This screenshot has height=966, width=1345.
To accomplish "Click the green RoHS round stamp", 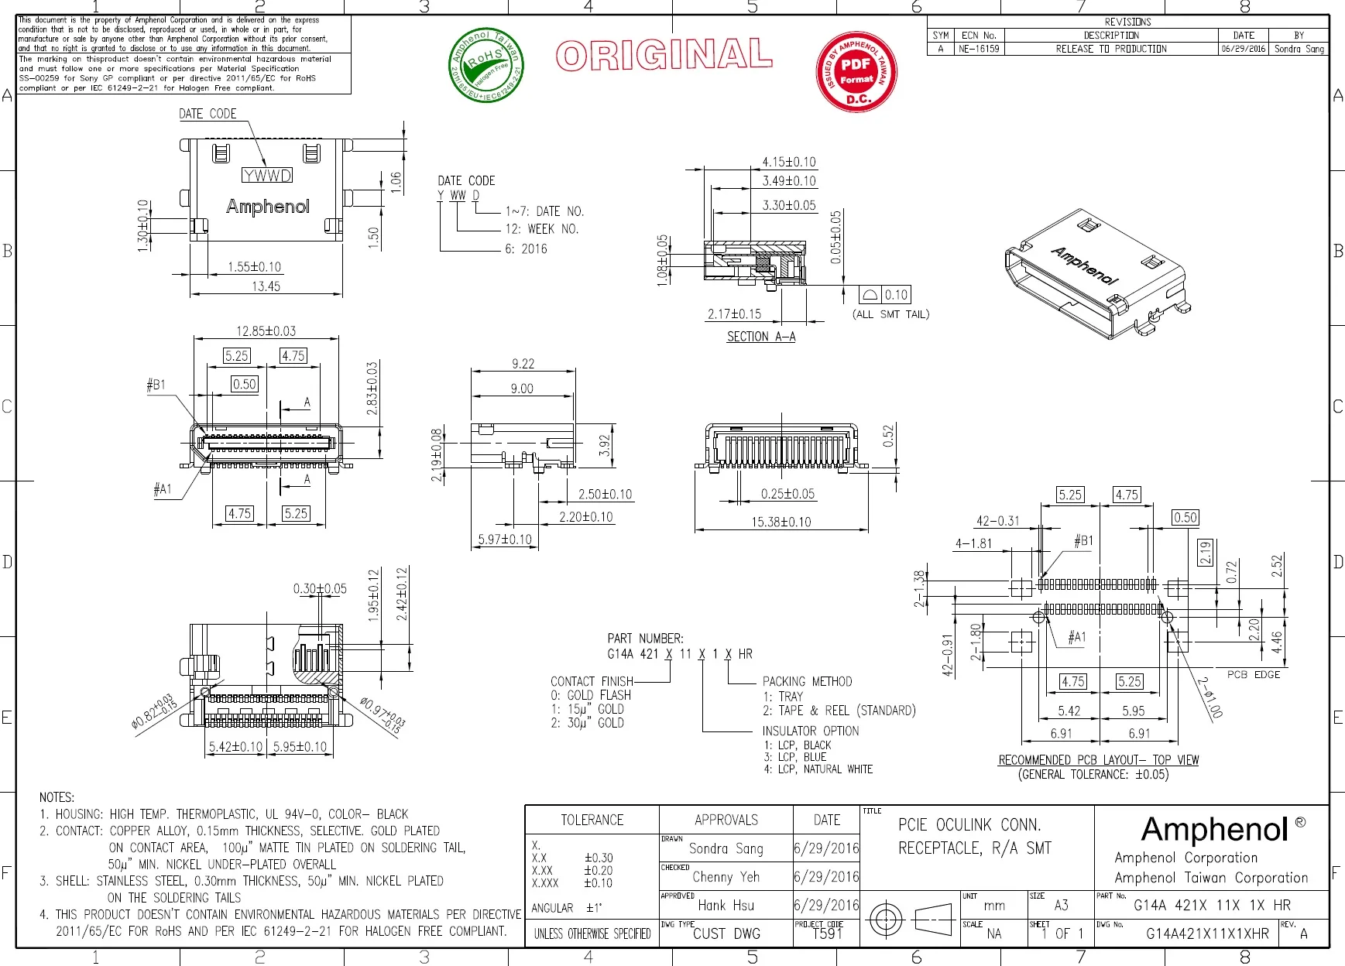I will click(486, 65).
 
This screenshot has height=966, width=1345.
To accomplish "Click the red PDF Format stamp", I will click(856, 71).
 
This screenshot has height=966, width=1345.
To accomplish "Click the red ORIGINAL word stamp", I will click(664, 56).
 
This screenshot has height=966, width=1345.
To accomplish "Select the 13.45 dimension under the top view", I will click(266, 286).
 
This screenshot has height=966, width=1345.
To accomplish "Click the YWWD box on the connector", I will click(267, 176).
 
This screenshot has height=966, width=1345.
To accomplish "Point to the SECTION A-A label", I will click(760, 337).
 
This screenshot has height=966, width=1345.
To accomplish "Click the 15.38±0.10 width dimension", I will click(781, 522).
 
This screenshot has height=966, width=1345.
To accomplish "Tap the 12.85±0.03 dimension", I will click(266, 331).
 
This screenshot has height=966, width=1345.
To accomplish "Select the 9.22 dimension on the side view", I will click(523, 364).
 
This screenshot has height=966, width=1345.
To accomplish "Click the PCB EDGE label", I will click(1253, 674).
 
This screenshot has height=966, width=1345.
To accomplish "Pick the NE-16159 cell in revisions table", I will click(979, 49).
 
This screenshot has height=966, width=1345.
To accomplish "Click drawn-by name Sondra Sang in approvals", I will click(726, 848).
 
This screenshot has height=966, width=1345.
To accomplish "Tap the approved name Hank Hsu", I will click(726, 905).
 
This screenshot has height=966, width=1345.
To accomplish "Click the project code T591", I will click(827, 933).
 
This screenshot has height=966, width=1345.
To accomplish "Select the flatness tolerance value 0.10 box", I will click(896, 295).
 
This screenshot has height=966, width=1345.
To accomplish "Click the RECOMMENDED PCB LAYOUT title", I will click(1098, 760).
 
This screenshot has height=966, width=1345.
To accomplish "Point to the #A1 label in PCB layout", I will click(1076, 637).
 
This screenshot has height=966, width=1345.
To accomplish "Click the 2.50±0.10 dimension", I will click(605, 494).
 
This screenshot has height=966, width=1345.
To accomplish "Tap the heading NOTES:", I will click(57, 797).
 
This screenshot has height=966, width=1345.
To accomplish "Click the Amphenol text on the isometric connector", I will click(1084, 265).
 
